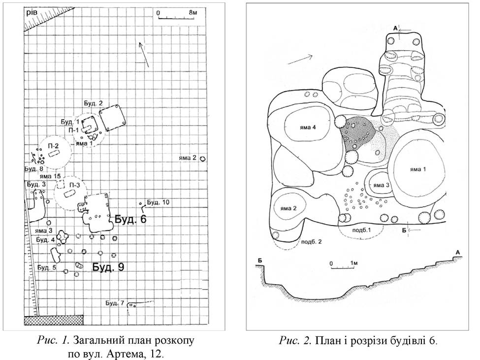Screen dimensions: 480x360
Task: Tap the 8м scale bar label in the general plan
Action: (x=192, y=12)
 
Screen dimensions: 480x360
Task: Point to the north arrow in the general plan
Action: (x=144, y=55)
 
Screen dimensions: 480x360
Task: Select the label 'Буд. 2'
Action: (x=93, y=103)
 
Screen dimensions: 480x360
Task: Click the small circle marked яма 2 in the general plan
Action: (x=202, y=159)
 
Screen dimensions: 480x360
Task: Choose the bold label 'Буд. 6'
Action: (x=130, y=219)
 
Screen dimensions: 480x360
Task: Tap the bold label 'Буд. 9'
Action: (x=108, y=267)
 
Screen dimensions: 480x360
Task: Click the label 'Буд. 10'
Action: (x=158, y=202)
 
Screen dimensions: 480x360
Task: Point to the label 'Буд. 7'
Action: (x=115, y=303)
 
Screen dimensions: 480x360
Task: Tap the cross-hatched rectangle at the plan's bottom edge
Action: (x=54, y=320)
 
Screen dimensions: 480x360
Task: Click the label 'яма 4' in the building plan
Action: (x=308, y=128)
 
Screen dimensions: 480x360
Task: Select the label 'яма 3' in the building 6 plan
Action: (x=381, y=185)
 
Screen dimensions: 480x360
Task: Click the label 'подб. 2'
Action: (x=312, y=241)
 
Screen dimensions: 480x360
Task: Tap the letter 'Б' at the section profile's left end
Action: (x=259, y=261)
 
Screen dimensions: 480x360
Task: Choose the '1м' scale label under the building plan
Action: (x=353, y=263)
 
